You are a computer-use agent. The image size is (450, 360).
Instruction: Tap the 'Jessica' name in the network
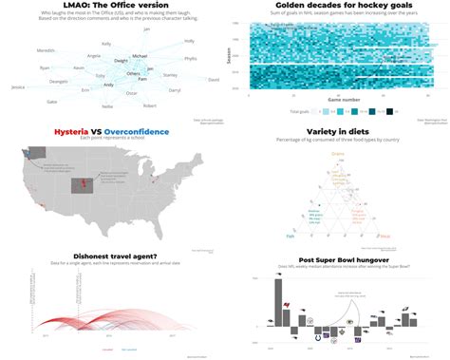point(18,86)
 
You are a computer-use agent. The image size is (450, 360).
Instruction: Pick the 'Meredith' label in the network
point(45,50)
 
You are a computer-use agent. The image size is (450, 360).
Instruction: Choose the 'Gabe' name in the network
point(51,101)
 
